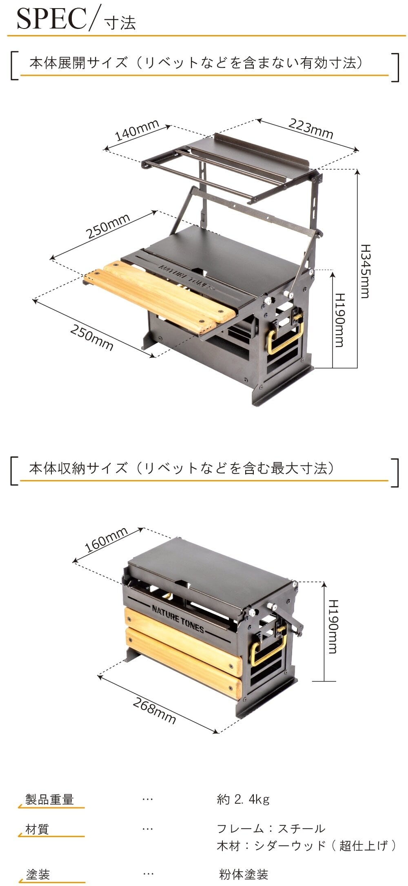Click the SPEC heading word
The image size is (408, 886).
pos(52,18)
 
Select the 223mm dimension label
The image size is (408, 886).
pos(311,128)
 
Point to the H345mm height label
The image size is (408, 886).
pos(365,271)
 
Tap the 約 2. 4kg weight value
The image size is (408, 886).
pos(243,799)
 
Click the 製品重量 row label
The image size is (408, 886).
pos(49,799)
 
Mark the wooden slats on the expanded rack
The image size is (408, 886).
pos(159,295)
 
